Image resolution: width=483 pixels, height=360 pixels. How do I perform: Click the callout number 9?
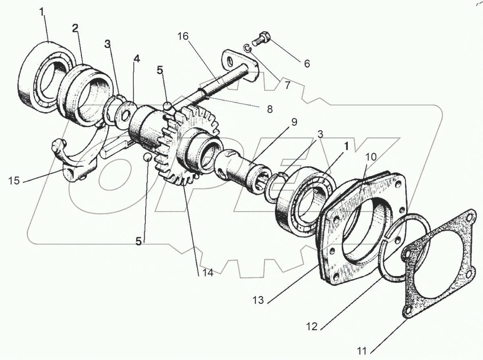(294, 122)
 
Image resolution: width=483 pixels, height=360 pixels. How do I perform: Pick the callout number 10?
(371, 157)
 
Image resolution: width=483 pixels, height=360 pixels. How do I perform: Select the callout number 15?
(14, 181)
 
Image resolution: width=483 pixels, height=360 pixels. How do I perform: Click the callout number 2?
(75, 28)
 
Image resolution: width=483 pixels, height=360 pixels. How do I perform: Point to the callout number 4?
(137, 59)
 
